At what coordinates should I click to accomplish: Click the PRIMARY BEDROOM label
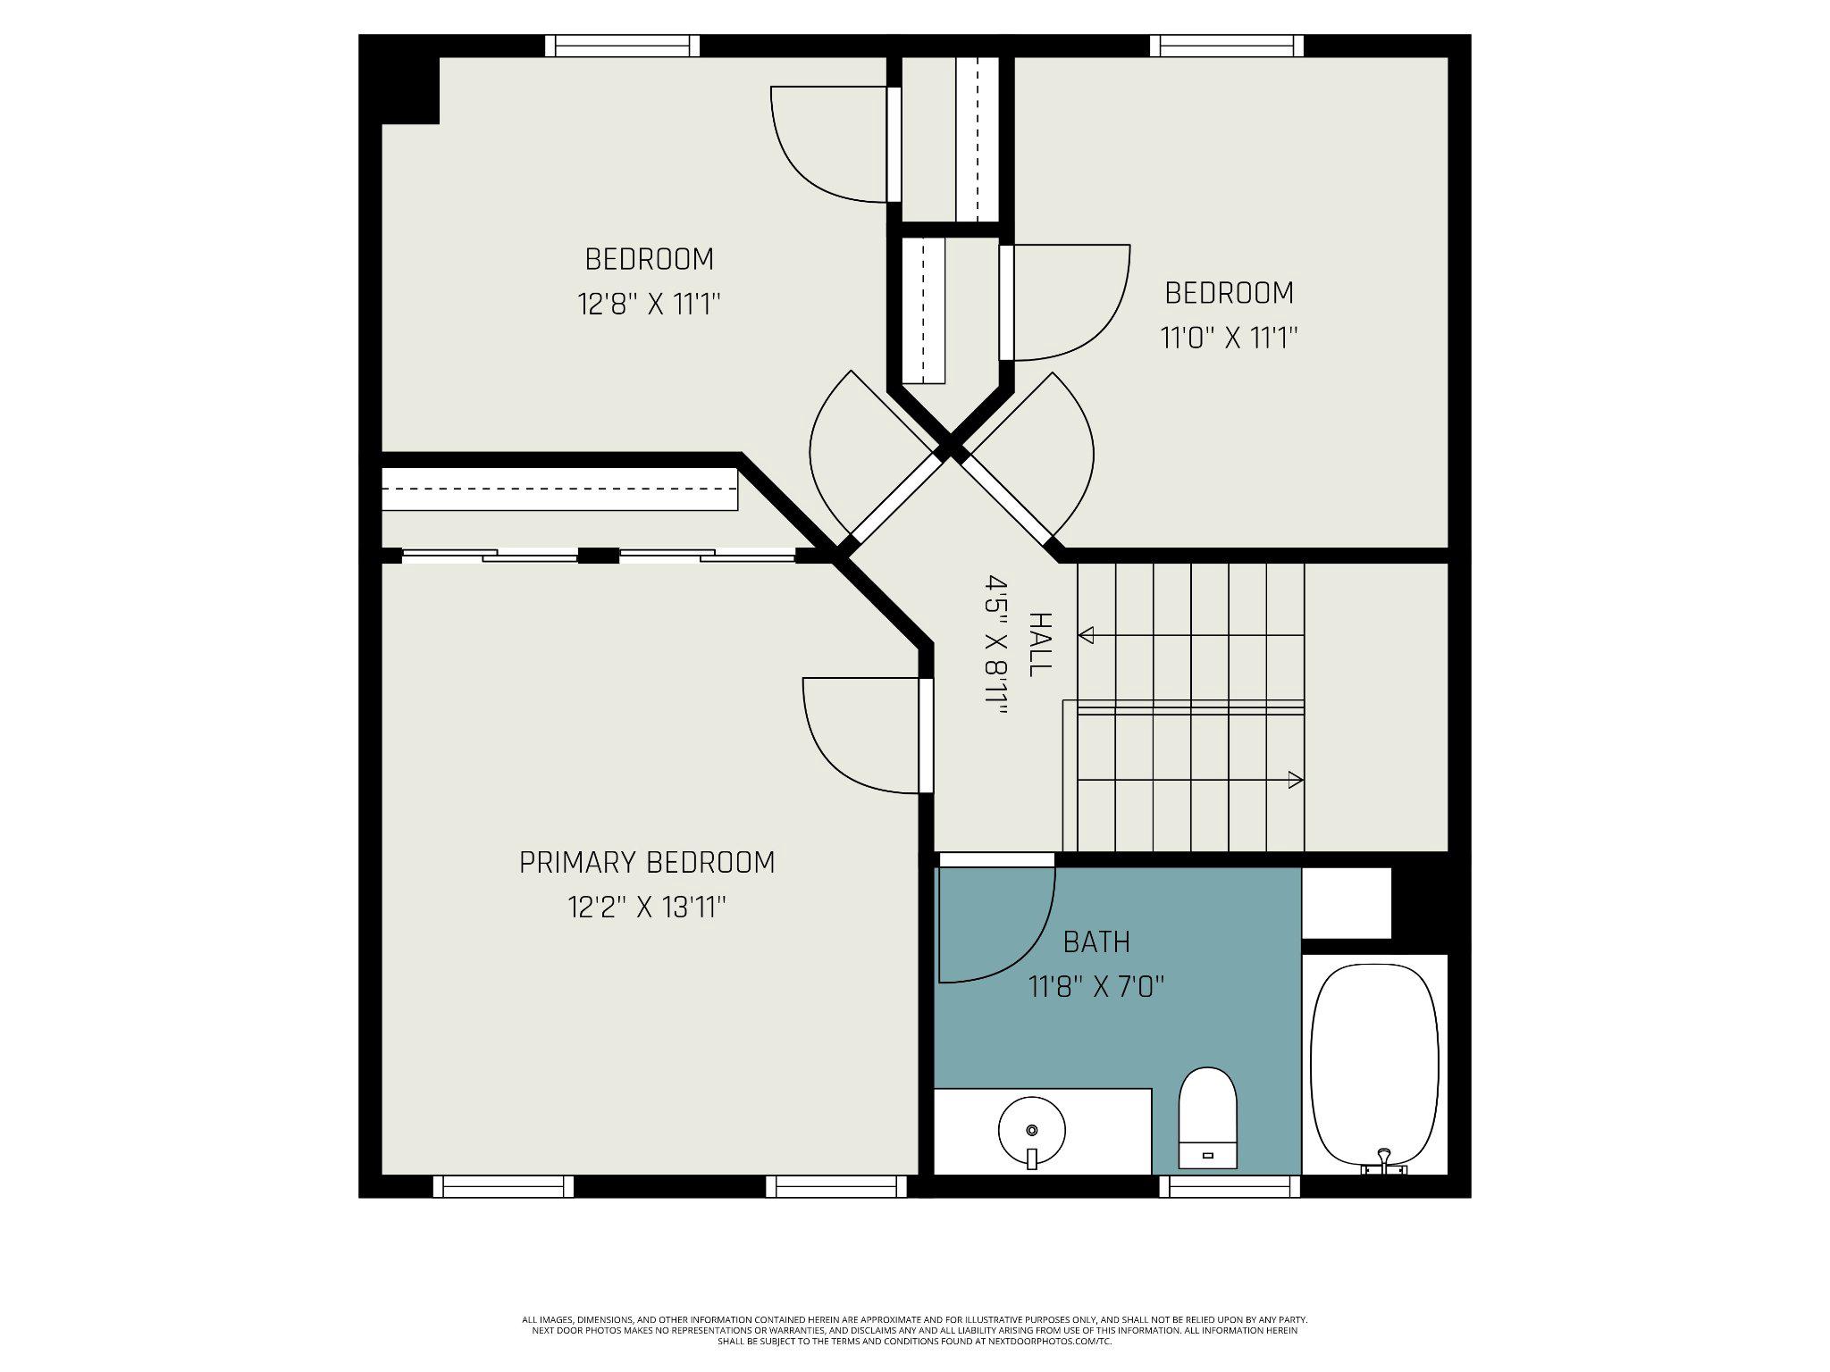tap(647, 862)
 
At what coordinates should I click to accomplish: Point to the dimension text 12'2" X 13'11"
tap(647, 908)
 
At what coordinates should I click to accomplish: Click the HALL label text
tap(1039, 644)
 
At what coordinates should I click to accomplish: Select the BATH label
tap(1096, 941)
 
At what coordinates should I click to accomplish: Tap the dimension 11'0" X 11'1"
tap(1229, 339)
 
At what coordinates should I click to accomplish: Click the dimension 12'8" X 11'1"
tap(649, 305)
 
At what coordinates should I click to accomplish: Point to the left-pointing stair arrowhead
tap(1087, 636)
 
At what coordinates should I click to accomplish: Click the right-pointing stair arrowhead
tap(1295, 780)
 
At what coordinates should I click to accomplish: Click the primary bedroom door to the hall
tap(926, 735)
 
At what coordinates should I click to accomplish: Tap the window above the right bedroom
tap(1226, 45)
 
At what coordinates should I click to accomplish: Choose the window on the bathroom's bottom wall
tap(1230, 1186)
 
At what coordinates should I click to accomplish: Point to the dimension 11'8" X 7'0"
tap(1096, 988)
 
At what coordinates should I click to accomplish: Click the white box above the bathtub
tap(1347, 902)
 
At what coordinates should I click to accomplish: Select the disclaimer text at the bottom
tap(914, 1355)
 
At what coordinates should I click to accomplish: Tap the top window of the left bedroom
tap(622, 45)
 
